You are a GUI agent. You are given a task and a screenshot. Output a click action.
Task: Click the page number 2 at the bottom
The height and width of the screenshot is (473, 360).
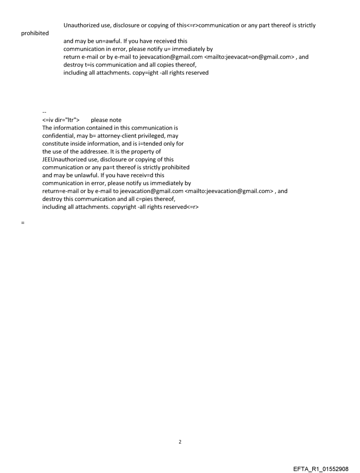[x=180, y=442]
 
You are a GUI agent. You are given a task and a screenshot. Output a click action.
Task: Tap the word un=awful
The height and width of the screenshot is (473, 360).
[x=103, y=41]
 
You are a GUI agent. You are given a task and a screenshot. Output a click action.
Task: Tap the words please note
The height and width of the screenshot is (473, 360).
[x=106, y=120]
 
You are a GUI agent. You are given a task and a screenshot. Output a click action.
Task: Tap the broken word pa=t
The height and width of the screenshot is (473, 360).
[x=109, y=168]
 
